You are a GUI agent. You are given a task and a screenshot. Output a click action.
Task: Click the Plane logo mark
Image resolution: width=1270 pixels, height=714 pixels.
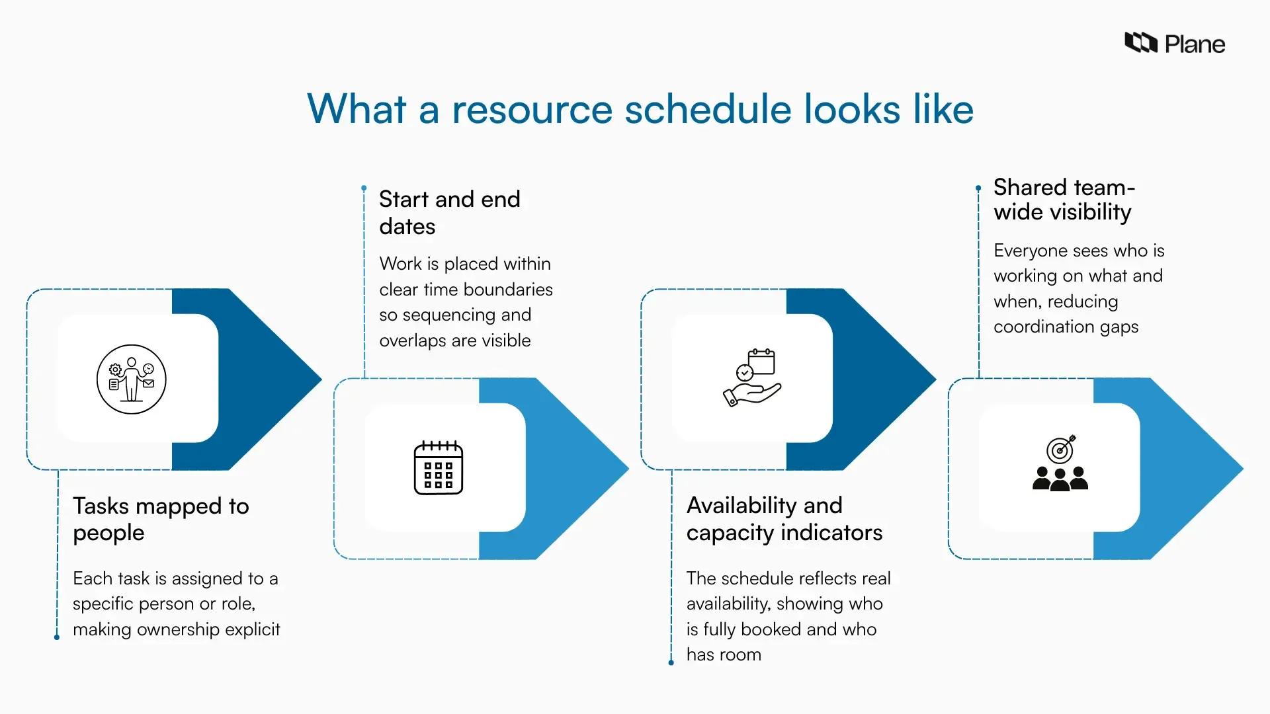click(1140, 43)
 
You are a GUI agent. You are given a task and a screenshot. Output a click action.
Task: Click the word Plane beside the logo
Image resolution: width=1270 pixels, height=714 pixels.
click(1195, 44)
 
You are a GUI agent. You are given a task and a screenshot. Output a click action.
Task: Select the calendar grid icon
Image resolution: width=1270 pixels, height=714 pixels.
click(438, 468)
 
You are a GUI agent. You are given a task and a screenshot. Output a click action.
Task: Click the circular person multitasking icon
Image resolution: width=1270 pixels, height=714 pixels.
click(131, 379)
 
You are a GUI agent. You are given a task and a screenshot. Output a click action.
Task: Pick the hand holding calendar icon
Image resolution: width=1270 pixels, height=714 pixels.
click(753, 377)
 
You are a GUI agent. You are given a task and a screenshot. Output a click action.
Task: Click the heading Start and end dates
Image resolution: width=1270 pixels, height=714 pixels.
click(449, 212)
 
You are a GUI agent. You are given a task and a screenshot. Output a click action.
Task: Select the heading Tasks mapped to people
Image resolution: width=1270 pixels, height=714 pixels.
click(161, 519)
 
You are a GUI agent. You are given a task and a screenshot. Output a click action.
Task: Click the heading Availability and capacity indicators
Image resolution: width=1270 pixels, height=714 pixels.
click(784, 519)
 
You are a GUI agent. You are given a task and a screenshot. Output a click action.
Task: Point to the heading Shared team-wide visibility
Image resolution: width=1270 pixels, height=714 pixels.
click(1063, 200)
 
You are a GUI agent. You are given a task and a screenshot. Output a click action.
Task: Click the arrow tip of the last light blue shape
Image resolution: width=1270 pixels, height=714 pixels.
click(1241, 469)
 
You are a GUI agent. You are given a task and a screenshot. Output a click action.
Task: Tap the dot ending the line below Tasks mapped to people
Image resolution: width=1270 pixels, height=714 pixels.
click(57, 637)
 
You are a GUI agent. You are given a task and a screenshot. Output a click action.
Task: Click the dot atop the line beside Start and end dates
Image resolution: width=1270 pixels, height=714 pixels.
click(364, 188)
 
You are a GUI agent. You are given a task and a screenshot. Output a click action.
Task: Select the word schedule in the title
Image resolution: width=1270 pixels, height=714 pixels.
click(708, 109)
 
